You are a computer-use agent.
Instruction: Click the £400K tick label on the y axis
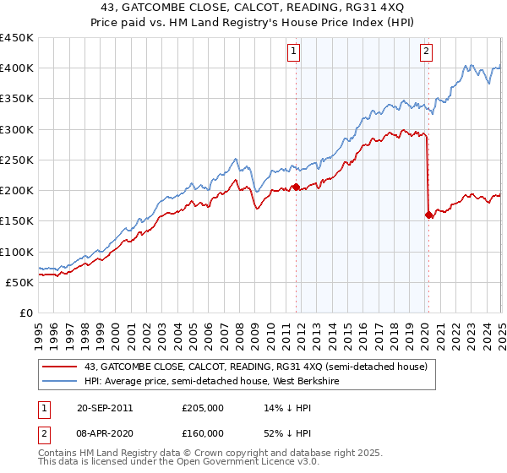point(16,68)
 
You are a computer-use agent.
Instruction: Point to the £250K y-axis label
point(16,160)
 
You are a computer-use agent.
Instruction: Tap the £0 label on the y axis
point(26,313)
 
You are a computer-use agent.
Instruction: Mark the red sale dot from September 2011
point(297,188)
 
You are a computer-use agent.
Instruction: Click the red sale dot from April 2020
point(428,215)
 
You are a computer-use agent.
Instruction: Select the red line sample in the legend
point(59,367)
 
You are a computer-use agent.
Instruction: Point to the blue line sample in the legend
point(59,381)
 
